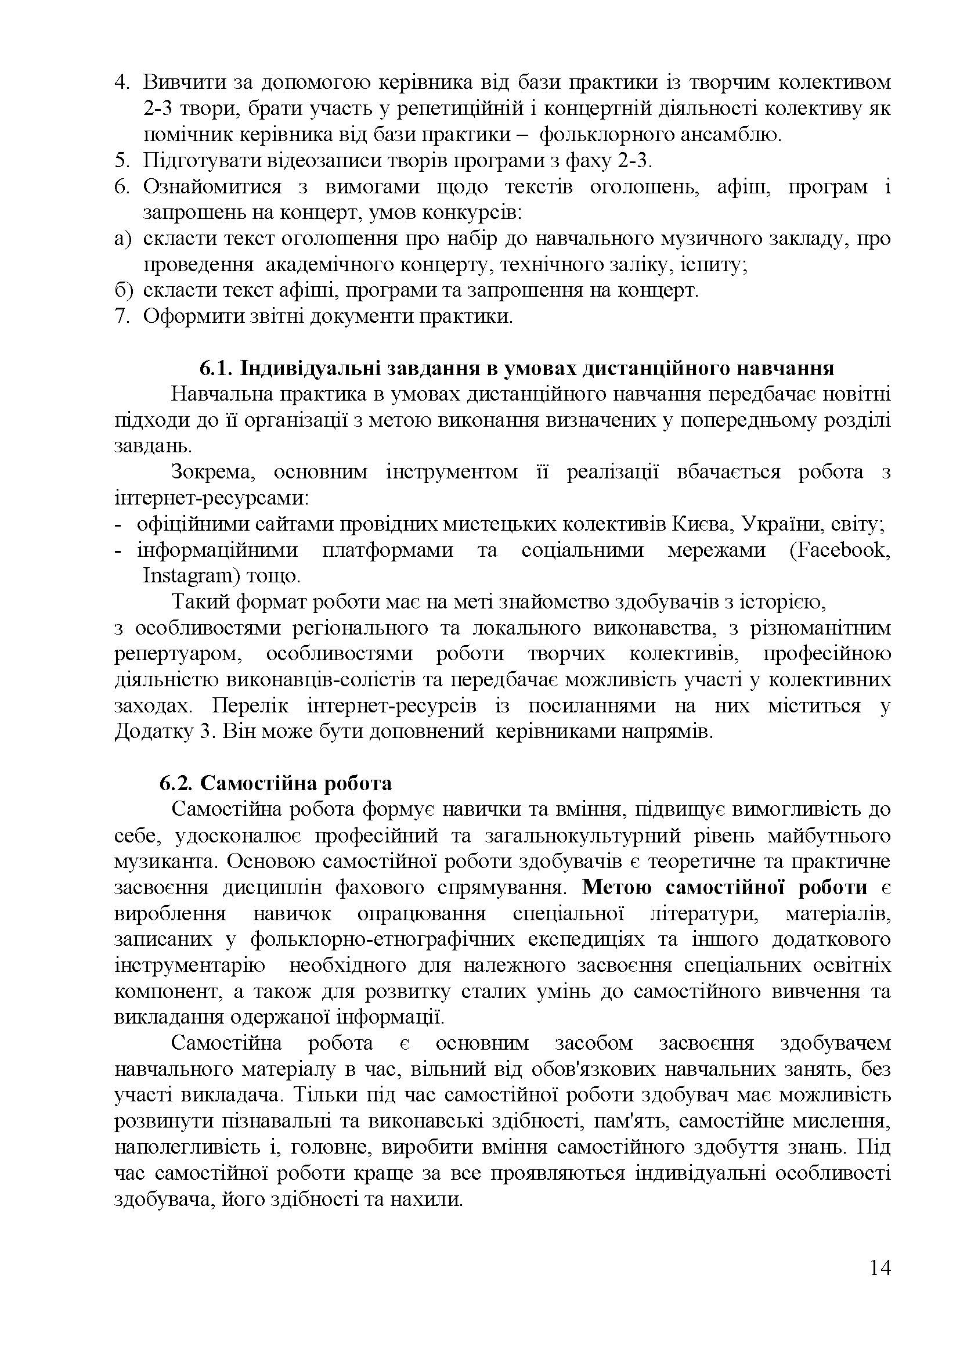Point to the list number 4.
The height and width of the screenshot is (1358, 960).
pos(121,82)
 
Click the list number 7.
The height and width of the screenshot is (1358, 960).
pos(121,316)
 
